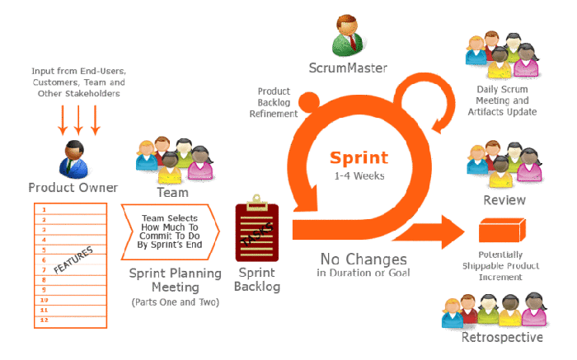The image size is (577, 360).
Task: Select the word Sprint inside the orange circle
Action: [x=360, y=157]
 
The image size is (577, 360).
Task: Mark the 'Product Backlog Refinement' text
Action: [x=277, y=102]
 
